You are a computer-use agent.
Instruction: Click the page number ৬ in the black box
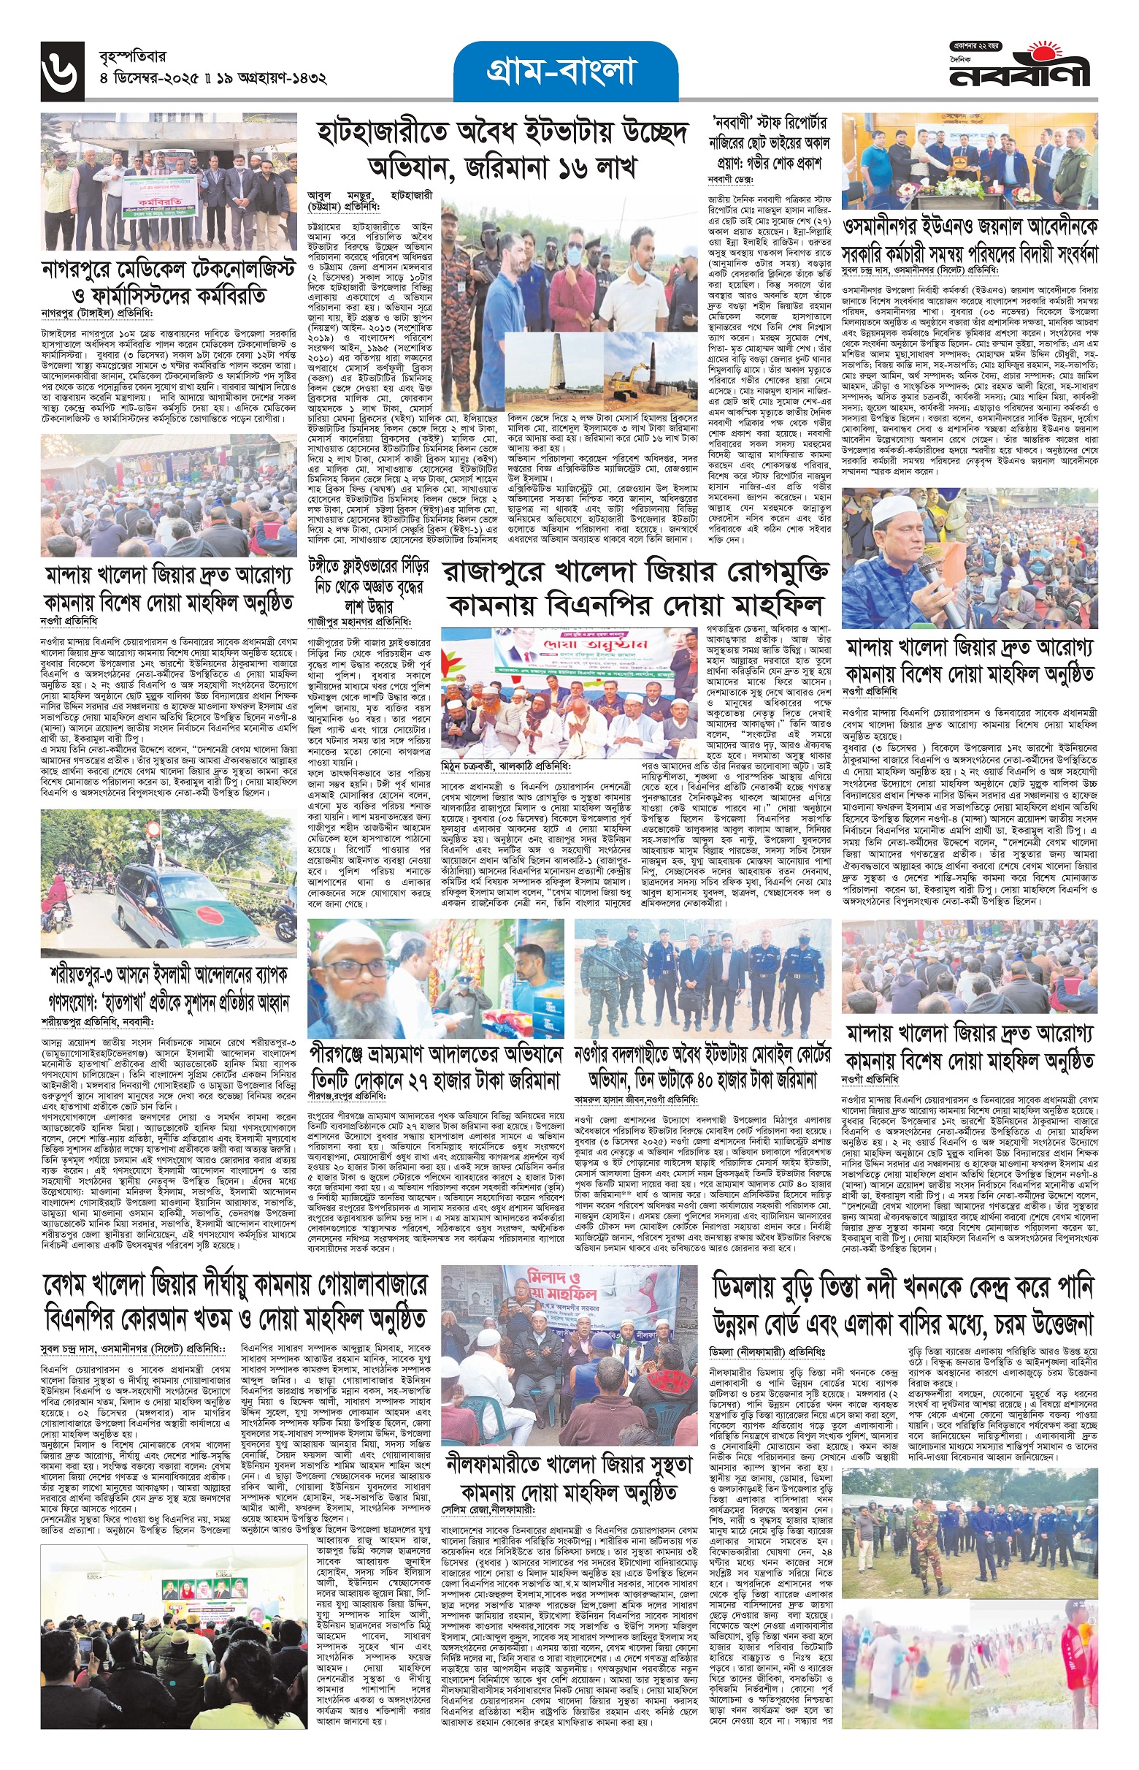click(x=64, y=71)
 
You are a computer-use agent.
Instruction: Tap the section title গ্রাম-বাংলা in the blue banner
click(x=566, y=72)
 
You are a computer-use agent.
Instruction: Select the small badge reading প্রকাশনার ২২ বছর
click(x=975, y=47)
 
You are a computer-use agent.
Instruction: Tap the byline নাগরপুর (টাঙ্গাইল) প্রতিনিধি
click(x=97, y=313)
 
